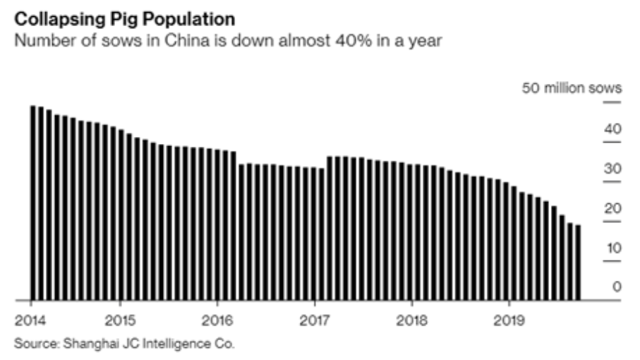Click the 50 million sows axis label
(572, 89)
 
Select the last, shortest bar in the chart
(579, 263)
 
